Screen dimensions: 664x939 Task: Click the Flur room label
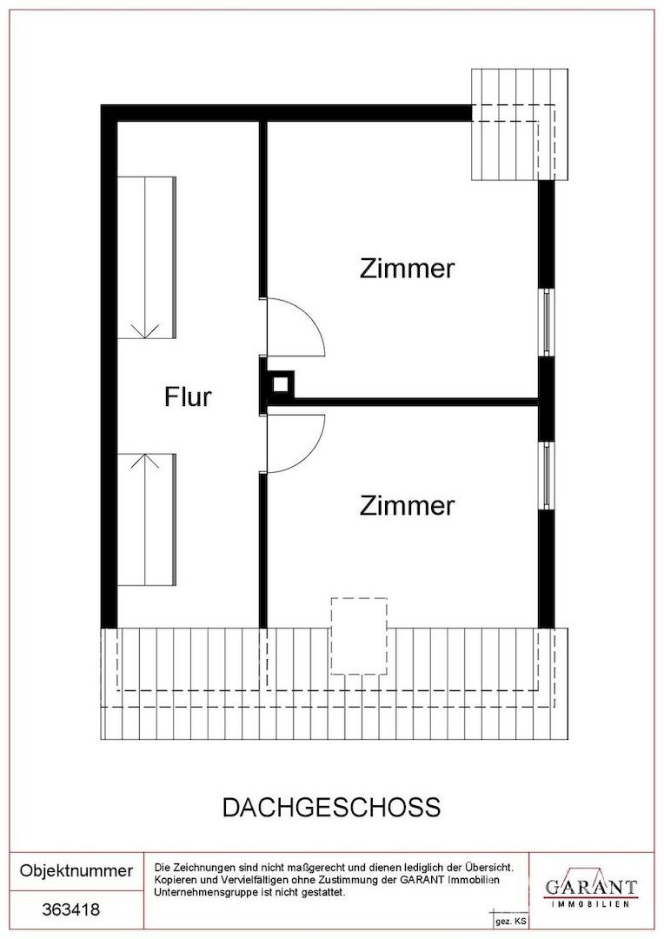(x=188, y=397)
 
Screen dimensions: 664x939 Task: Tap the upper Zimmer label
(x=407, y=269)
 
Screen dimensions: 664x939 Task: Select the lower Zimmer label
(x=407, y=505)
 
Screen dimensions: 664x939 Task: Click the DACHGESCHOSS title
(x=332, y=807)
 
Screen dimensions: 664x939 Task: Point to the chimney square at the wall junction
(x=280, y=384)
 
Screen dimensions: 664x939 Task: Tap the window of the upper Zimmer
(x=548, y=323)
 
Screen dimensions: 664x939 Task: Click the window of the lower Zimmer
(x=548, y=476)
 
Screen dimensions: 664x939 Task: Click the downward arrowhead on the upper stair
(x=145, y=331)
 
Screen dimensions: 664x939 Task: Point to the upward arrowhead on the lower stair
(x=145, y=461)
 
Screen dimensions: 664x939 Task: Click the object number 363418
(x=70, y=910)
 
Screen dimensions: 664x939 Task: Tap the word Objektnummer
(x=76, y=870)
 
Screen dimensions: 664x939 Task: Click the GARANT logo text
(x=591, y=887)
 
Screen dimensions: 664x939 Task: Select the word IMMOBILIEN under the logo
(x=590, y=904)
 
